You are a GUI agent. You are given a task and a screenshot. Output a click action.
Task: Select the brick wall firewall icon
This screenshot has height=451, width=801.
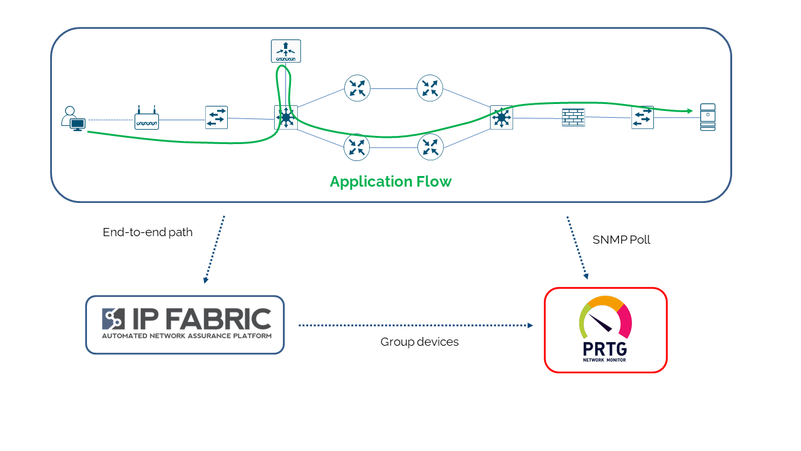pyautogui.click(x=573, y=117)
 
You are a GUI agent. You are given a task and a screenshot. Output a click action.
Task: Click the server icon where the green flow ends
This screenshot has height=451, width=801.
pyautogui.click(x=707, y=117)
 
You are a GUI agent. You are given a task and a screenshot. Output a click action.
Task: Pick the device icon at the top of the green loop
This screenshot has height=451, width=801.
pyautogui.click(x=286, y=51)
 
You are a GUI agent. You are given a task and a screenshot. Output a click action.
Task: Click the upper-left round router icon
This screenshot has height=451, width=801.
pyautogui.click(x=357, y=88)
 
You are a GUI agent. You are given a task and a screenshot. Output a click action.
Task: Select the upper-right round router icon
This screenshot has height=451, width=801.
pyautogui.click(x=430, y=88)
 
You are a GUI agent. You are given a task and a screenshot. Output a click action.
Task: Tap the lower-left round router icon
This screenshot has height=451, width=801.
pyautogui.click(x=357, y=147)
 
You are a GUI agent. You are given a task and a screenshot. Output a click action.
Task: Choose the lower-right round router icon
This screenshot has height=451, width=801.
pyautogui.click(x=430, y=147)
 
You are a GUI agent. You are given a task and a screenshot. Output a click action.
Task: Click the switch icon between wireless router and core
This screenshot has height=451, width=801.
pyautogui.click(x=217, y=117)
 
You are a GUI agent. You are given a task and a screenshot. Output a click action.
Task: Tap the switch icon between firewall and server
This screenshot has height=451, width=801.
pyautogui.click(x=643, y=117)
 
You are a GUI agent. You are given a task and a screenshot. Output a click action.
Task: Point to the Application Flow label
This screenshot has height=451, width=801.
pyautogui.click(x=390, y=182)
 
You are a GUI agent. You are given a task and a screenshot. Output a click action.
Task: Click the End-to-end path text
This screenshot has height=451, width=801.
pyautogui.click(x=148, y=232)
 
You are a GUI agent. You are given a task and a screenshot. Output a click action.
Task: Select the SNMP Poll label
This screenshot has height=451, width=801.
pyautogui.click(x=621, y=240)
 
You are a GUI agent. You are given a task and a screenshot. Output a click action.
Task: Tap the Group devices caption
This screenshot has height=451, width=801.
pyautogui.click(x=419, y=342)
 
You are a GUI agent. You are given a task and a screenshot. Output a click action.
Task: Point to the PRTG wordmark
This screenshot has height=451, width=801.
pyautogui.click(x=605, y=348)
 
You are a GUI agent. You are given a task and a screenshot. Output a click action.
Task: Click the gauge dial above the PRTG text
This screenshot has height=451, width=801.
pyautogui.click(x=605, y=316)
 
